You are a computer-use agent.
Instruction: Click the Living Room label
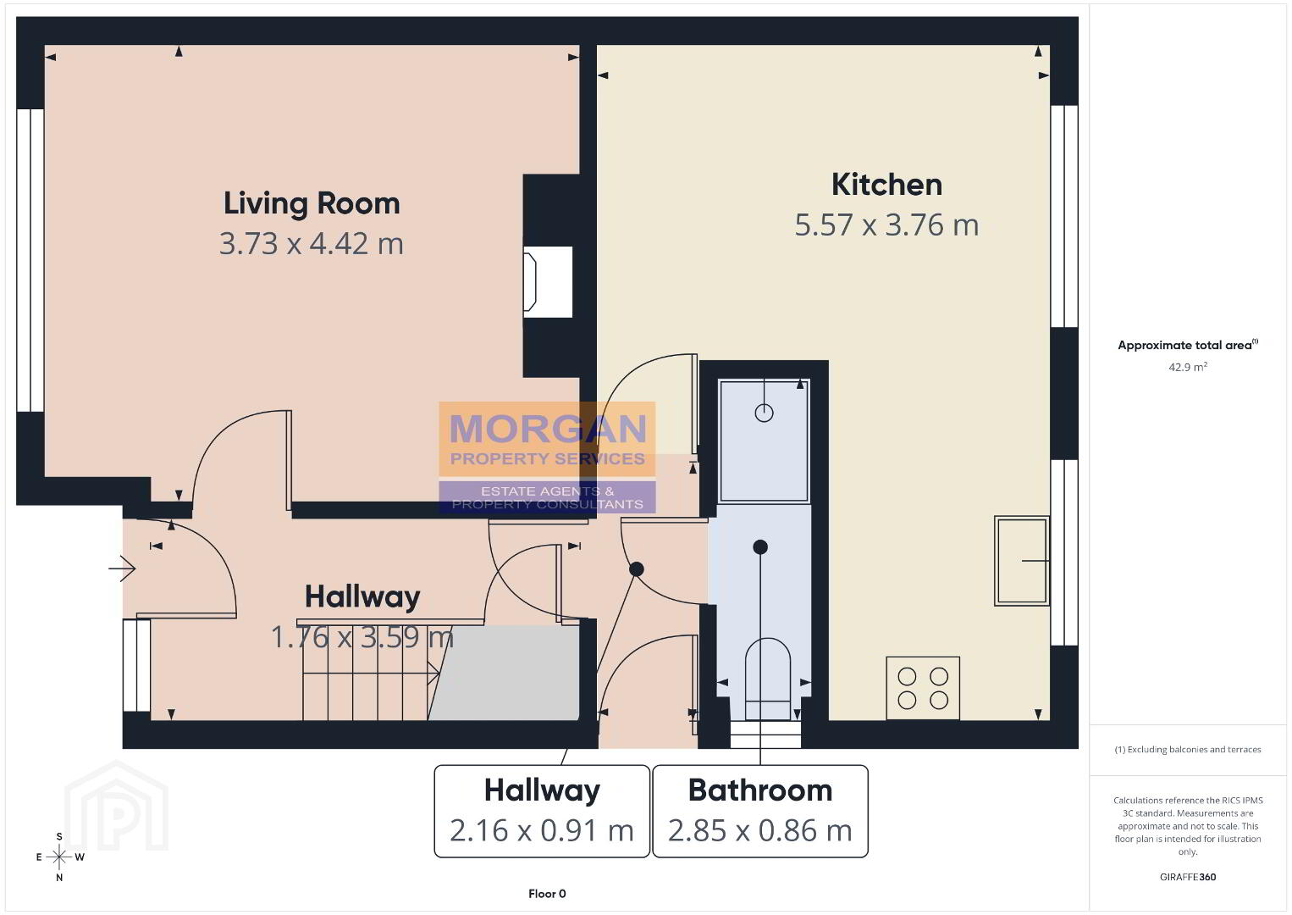coord(312,204)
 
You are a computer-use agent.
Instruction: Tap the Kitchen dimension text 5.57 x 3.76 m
coord(886,225)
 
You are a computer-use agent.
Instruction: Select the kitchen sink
coord(1021,561)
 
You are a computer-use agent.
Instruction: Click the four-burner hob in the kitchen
coord(923,688)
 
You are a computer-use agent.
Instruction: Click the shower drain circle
coord(764,413)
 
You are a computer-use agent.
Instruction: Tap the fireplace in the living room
coord(548,282)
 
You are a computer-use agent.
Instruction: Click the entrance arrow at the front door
coord(122,568)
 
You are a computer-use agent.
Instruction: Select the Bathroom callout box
coord(760,811)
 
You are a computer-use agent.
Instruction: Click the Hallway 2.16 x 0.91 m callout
coord(542,811)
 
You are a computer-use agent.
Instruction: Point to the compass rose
coord(59,857)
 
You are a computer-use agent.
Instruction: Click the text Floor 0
coord(547,894)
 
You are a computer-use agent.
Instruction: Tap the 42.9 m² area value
coord(1188,367)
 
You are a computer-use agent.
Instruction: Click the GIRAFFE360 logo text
coord(1188,877)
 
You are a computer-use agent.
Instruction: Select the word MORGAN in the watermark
coord(548,429)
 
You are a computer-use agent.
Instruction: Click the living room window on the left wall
coord(30,260)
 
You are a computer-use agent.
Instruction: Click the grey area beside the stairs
coord(505,673)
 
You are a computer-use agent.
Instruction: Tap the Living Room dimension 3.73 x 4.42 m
coord(312,244)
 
